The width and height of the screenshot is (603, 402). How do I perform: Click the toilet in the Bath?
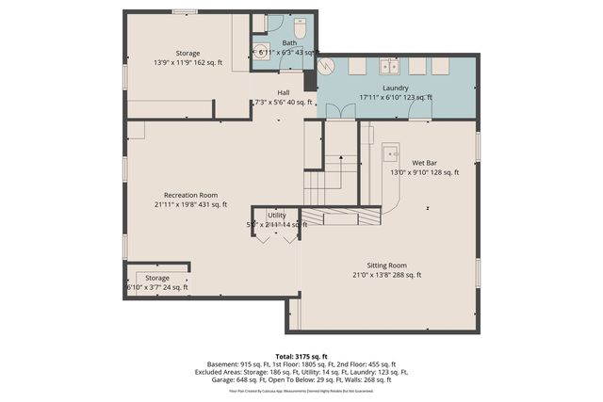(x=301, y=25)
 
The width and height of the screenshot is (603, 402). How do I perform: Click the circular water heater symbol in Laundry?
(x=328, y=67)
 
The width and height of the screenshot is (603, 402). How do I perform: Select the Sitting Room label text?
(x=386, y=265)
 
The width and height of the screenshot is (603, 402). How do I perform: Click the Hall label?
(x=283, y=92)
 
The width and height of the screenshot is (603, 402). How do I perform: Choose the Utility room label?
(x=276, y=215)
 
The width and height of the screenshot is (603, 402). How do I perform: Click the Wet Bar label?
(x=424, y=163)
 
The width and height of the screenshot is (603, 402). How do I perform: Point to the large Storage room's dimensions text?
(x=187, y=64)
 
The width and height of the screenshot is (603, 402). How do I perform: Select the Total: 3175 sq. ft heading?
(x=301, y=356)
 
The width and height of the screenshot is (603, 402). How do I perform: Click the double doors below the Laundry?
(x=337, y=111)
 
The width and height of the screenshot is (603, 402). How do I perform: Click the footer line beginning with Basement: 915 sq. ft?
(x=301, y=364)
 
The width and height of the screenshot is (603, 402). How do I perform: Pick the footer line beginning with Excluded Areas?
(x=301, y=373)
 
